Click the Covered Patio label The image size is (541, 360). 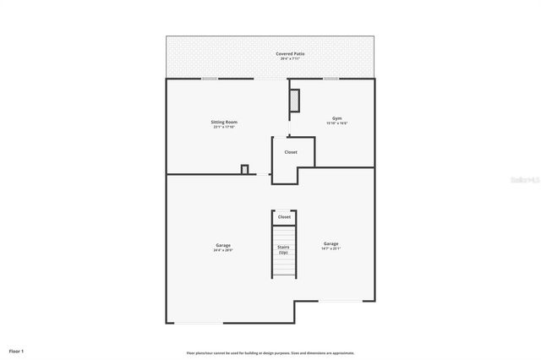point(290,53)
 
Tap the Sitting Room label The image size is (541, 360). point(224,122)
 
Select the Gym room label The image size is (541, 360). point(336,118)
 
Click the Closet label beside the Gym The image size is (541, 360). point(290,152)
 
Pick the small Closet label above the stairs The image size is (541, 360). point(284,217)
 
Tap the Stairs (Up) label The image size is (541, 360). point(283,250)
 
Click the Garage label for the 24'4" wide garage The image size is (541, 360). point(223,245)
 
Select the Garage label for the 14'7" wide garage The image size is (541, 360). point(331,243)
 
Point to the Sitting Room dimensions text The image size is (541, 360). point(224,128)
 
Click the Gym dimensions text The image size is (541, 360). point(336,123)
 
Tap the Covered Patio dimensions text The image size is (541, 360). point(290,58)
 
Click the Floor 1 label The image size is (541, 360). point(17,350)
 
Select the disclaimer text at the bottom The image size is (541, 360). point(270,352)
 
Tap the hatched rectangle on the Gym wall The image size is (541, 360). point(294,100)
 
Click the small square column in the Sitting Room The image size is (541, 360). point(244,169)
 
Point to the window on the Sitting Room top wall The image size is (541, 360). point(209,79)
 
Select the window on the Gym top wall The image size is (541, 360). point(331,79)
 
